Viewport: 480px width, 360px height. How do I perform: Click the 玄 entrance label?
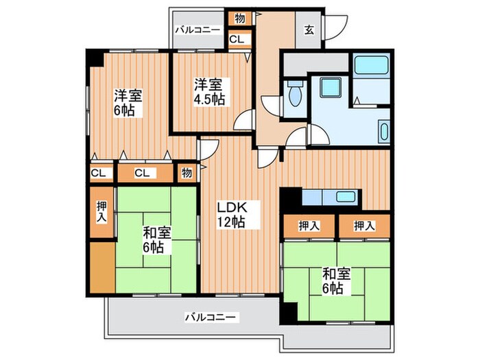(309, 30)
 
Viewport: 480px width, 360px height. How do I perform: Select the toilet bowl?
(295, 95)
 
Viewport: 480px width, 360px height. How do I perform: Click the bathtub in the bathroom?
(372, 64)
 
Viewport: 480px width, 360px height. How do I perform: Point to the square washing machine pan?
(331, 87)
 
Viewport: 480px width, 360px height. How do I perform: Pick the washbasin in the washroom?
(384, 132)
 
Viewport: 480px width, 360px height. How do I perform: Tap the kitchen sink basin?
(346, 197)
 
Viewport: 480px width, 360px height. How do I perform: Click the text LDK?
(232, 207)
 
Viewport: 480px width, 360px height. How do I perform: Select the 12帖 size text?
(231, 221)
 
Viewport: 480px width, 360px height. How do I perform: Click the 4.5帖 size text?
(209, 99)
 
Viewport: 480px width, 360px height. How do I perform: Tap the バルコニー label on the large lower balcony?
(211, 317)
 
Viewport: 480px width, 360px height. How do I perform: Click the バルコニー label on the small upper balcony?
(197, 29)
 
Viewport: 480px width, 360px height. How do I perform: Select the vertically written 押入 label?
(102, 212)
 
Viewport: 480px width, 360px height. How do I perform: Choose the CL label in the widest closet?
(142, 173)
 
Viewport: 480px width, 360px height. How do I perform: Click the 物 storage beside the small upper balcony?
(240, 19)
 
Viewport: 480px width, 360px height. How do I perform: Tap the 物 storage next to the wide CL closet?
(187, 173)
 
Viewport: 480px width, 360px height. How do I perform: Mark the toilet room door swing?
(270, 104)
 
